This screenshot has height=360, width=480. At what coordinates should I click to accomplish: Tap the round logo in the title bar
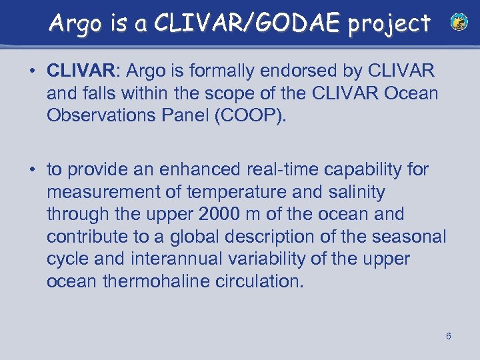(459, 23)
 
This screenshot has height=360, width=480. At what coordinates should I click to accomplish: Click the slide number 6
(449, 335)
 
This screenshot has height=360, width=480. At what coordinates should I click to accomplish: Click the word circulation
(264, 281)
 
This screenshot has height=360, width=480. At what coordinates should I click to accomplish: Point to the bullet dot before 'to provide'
(32, 170)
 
